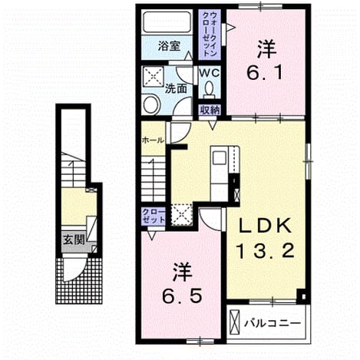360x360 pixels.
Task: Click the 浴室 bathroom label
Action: pyautogui.click(x=169, y=46)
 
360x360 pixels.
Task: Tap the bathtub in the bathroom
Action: pyautogui.click(x=167, y=22)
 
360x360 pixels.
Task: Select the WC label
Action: pyautogui.click(x=210, y=73)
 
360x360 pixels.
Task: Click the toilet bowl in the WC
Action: pyautogui.click(x=210, y=90)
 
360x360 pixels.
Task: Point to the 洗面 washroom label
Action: pyautogui.click(x=176, y=88)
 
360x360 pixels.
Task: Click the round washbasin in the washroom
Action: pyautogui.click(x=151, y=104)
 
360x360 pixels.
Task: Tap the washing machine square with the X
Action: pyautogui.click(x=153, y=76)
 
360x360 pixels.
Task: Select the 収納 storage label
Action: pyautogui.click(x=210, y=110)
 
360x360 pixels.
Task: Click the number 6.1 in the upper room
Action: pyautogui.click(x=265, y=72)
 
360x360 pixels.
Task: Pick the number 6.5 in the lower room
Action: pyautogui.click(x=182, y=296)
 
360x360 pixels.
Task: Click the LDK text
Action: pyautogui.click(x=266, y=226)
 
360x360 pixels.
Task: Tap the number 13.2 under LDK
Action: pyautogui.click(x=266, y=250)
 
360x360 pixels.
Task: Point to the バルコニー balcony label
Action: pyautogui.click(x=272, y=323)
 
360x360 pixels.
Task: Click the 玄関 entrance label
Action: pyautogui.click(x=74, y=239)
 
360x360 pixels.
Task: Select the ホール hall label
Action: pyautogui.click(x=153, y=140)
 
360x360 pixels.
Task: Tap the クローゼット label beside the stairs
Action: pyautogui.click(x=154, y=216)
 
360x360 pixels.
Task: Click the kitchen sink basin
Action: pyautogui.click(x=219, y=157)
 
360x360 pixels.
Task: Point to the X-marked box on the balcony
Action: pyautogui.click(x=235, y=323)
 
